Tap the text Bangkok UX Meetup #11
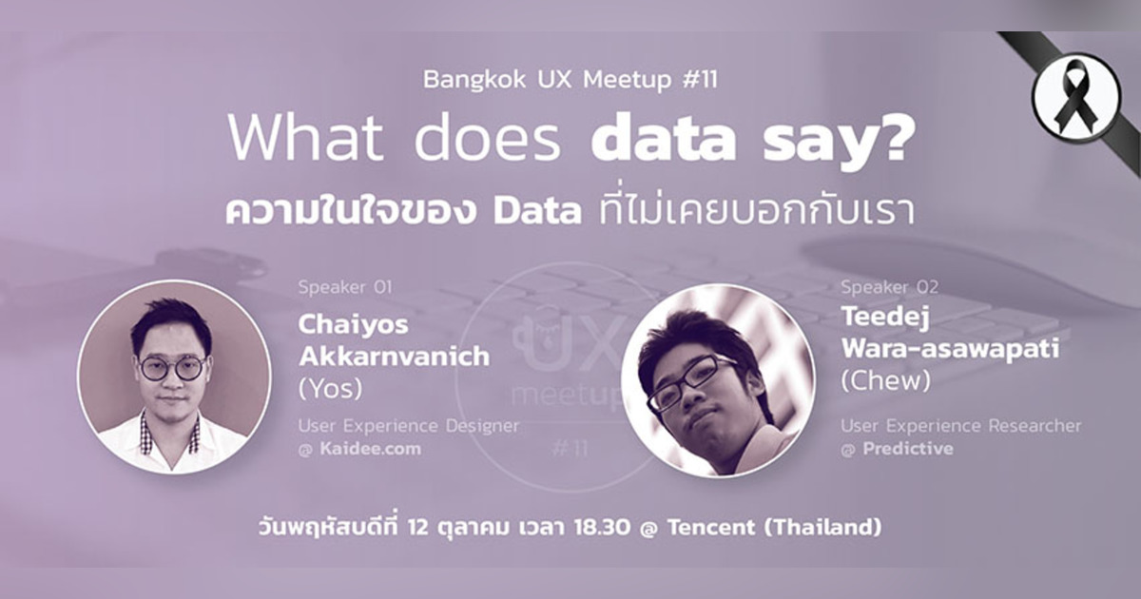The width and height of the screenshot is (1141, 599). (570, 79)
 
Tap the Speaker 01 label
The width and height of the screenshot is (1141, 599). (344, 286)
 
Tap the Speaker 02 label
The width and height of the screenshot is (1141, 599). (887, 286)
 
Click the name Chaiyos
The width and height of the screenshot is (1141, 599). (353, 324)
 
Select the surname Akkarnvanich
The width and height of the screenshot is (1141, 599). (394, 357)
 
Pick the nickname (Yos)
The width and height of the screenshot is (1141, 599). (331, 390)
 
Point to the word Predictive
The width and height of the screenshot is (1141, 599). (907, 448)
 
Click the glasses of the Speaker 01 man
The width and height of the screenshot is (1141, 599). (172, 366)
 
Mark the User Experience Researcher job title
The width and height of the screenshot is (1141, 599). (960, 425)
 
